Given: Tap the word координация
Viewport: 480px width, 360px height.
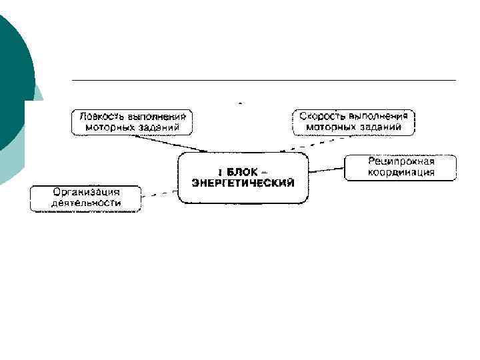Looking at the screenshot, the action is click(x=401, y=172).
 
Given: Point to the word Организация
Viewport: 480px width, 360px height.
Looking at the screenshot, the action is click(x=87, y=192).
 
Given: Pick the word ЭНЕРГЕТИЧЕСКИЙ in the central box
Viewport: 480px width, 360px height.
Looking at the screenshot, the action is click(x=243, y=182).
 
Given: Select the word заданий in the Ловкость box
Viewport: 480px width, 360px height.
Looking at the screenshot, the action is click(x=159, y=127).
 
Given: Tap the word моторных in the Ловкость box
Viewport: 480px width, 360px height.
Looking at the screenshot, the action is click(x=113, y=127).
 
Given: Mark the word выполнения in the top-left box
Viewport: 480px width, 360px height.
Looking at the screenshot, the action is click(x=155, y=116).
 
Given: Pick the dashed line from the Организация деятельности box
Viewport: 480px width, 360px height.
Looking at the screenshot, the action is click(x=160, y=195).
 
